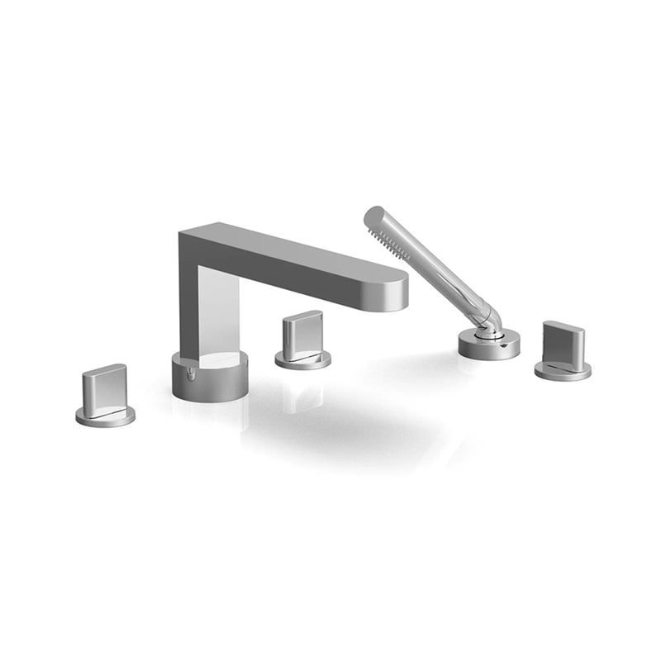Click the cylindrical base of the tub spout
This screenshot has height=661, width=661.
point(208,382)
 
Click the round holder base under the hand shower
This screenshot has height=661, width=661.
point(488,345)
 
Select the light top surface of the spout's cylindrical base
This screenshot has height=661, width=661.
point(216,359)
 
